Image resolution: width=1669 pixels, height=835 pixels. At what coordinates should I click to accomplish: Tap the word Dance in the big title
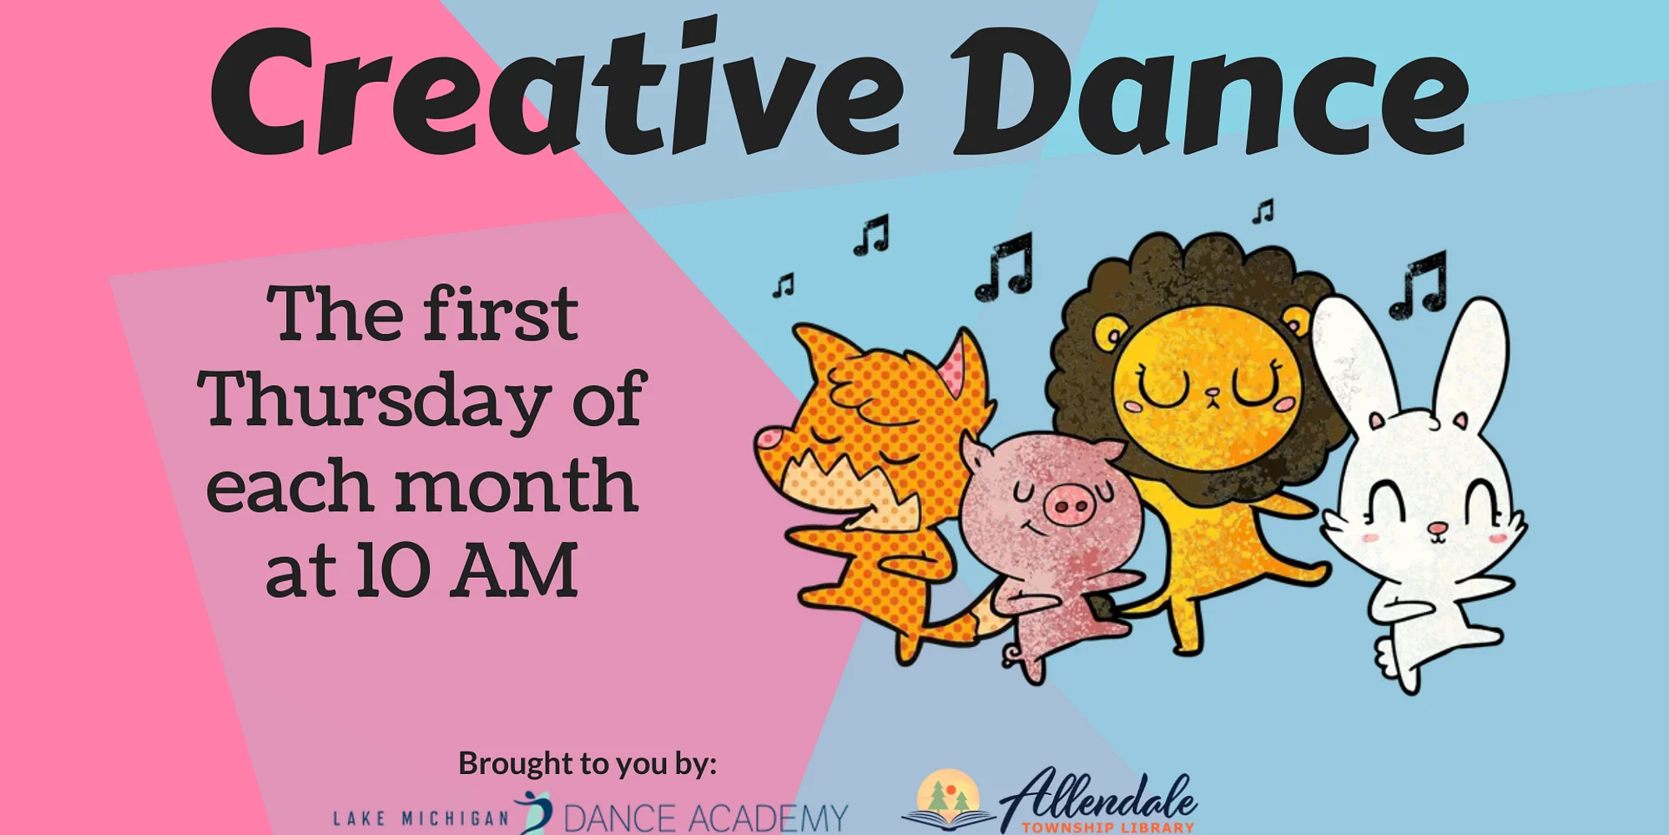pyautogui.click(x=1210, y=92)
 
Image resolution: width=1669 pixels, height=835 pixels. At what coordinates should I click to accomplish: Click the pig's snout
pyautogui.click(x=1069, y=504)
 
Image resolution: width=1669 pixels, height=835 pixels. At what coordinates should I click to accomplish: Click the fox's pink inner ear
pyautogui.click(x=953, y=368)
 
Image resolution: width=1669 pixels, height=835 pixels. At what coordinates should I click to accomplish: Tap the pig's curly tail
pyautogui.click(x=1012, y=654)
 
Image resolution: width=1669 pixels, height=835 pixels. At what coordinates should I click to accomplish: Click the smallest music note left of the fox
pyautogui.click(x=783, y=286)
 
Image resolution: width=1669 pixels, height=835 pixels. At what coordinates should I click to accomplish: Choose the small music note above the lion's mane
pyautogui.click(x=1263, y=211)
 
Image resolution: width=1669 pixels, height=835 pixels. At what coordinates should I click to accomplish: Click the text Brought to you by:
pyautogui.click(x=587, y=763)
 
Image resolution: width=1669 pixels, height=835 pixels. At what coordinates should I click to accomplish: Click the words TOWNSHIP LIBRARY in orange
pyautogui.click(x=1108, y=827)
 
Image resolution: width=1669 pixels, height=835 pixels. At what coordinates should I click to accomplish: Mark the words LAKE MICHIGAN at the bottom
pyautogui.click(x=421, y=818)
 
